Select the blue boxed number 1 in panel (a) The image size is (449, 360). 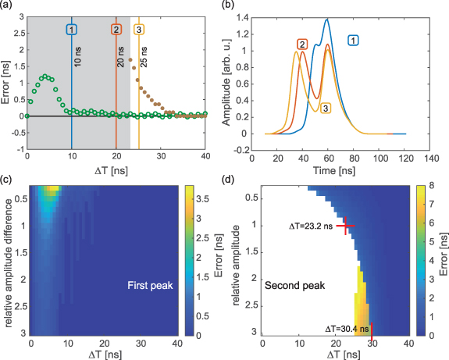(72, 29)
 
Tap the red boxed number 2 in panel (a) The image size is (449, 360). (116, 29)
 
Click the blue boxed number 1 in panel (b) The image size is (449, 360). (353, 40)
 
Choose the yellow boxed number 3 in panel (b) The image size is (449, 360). (326, 108)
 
